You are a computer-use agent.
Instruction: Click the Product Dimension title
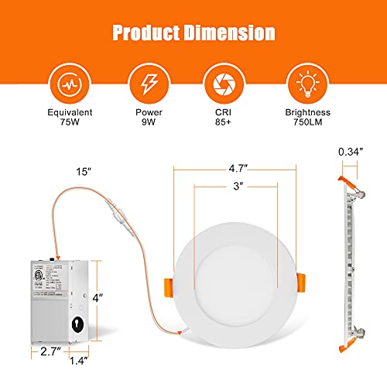(193, 33)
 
